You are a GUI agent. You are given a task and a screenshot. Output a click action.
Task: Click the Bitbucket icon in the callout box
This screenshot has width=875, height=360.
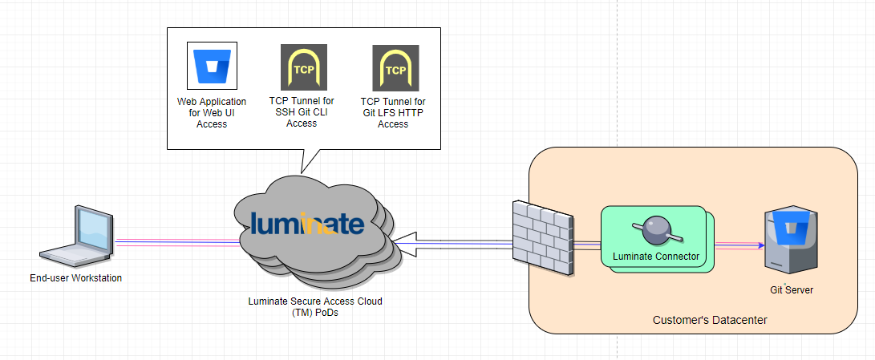click(x=212, y=67)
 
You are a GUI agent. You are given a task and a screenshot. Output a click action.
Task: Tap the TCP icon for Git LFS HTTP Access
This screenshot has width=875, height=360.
click(x=395, y=67)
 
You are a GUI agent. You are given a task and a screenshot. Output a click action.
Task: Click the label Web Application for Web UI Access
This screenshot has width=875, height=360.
click(x=212, y=113)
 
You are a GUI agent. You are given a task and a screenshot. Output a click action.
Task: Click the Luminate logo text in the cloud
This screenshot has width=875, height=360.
click(x=307, y=223)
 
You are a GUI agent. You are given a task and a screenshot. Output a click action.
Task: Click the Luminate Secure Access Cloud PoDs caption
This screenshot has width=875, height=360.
click(x=314, y=307)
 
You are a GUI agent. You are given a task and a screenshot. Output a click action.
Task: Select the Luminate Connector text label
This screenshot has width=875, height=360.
click(x=656, y=257)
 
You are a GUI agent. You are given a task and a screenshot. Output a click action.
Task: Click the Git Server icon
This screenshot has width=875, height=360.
click(x=793, y=241)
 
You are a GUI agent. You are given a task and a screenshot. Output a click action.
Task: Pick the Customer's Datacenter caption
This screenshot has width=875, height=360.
click(x=710, y=320)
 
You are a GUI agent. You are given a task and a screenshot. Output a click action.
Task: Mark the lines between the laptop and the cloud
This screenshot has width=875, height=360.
click(x=176, y=242)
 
